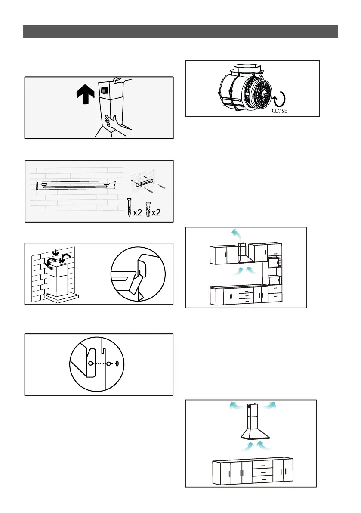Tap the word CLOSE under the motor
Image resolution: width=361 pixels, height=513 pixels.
coord(278,111)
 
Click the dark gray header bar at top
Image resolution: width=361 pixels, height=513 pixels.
coord(180,31)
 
